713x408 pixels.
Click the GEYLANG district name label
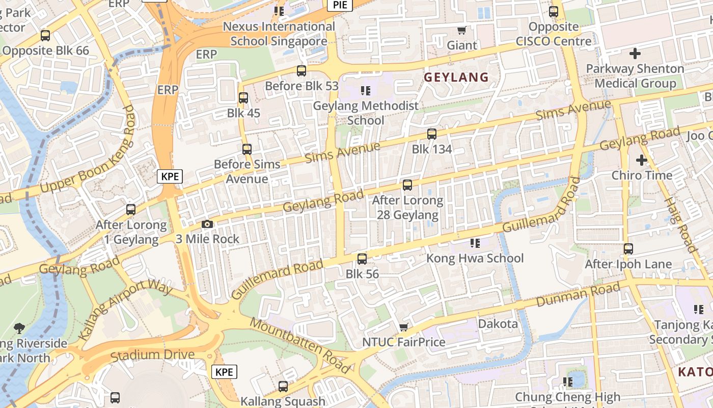click(456, 78)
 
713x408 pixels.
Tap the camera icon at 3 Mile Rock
click(207, 224)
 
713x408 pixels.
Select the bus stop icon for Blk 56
click(362, 259)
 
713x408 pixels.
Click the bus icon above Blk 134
click(432, 134)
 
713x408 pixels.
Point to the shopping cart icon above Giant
click(461, 31)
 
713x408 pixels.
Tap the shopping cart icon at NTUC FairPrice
click(404, 327)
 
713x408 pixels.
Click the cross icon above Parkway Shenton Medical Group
click(635, 53)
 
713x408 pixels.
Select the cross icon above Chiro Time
click(641, 160)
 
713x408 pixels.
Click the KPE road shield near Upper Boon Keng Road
click(170, 176)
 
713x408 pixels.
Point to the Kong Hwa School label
click(475, 258)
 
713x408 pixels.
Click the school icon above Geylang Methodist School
click(365, 91)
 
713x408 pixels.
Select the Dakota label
click(498, 324)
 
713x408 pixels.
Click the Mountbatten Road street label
click(300, 346)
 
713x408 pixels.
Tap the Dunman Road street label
click(578, 295)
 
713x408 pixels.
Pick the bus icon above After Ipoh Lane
click(628, 249)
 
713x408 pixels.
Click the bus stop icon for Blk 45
click(243, 98)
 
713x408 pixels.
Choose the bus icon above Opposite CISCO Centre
click(554, 11)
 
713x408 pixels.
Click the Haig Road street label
click(680, 224)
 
